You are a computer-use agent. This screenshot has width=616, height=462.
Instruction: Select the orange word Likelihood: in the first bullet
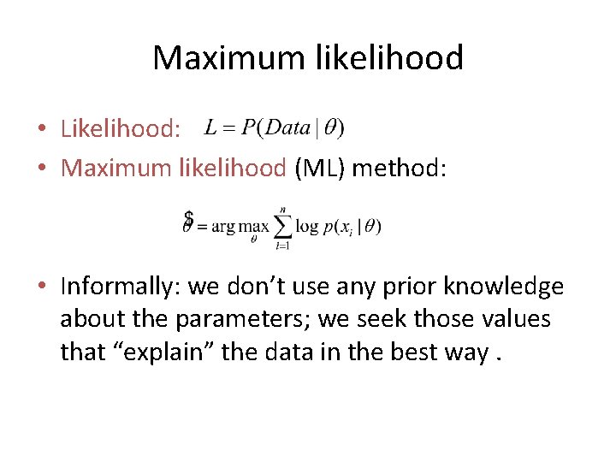point(121,129)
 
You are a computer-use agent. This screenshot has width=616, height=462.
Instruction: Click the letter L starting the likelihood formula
point(210,128)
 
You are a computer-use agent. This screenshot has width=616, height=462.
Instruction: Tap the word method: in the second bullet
point(399,168)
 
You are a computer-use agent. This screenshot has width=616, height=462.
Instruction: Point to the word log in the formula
point(306,227)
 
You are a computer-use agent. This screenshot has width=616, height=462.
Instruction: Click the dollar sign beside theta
point(188,220)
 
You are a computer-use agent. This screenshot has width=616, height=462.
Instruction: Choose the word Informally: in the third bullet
point(121,286)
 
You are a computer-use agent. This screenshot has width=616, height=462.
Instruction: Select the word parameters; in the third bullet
point(244,319)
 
